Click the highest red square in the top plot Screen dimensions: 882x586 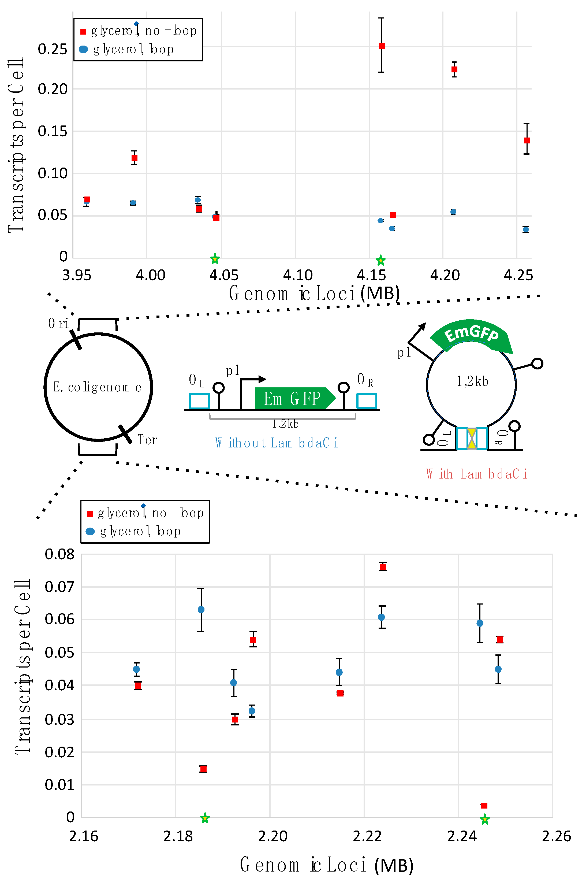tap(382, 46)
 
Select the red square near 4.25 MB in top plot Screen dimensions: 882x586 tap(527, 140)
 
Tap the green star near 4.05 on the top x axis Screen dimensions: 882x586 tap(215, 258)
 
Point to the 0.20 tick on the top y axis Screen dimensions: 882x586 tap(52, 89)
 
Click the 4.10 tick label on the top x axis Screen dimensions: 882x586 tap(297, 275)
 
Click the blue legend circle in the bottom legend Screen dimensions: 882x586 tap(90, 531)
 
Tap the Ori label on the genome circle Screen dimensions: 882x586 tap(58, 323)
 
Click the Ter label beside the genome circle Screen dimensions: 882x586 tap(147, 440)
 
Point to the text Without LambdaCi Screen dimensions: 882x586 tap(277, 443)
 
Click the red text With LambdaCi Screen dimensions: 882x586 tap(476, 474)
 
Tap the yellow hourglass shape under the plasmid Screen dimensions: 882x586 tap(472, 438)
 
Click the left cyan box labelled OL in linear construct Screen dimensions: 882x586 tap(199, 401)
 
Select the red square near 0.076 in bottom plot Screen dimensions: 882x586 tap(383, 567)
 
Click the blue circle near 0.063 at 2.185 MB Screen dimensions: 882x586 tap(201, 610)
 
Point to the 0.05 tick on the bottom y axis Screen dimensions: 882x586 tap(59, 653)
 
